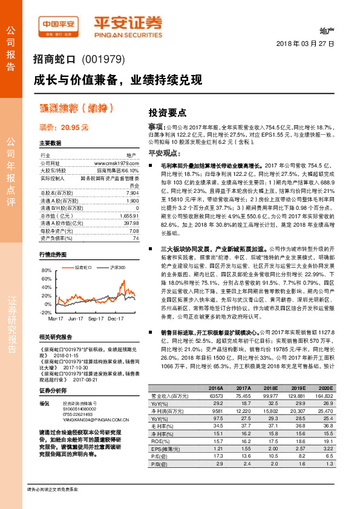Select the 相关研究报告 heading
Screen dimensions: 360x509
(x=56, y=337)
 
